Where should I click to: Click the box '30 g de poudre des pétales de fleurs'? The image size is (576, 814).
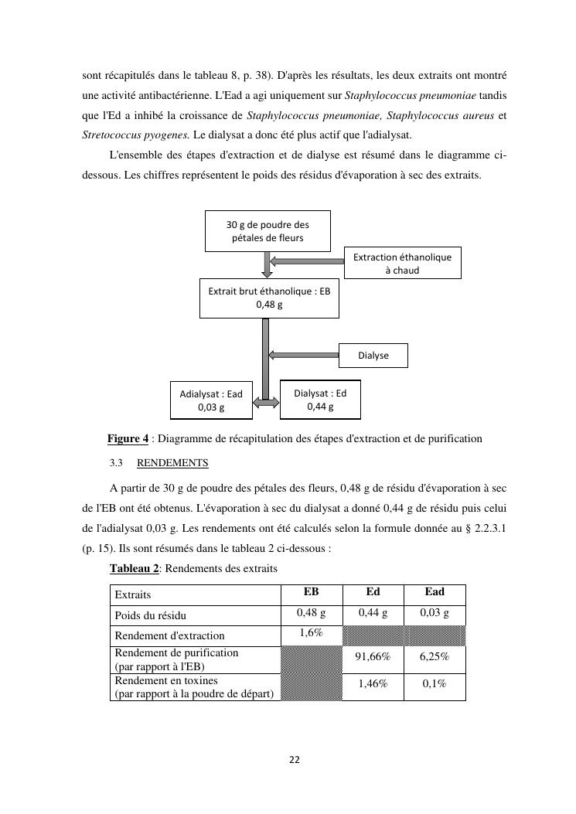click(268, 231)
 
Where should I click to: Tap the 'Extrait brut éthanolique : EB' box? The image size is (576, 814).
click(269, 298)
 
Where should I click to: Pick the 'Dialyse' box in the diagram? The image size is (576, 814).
click(373, 356)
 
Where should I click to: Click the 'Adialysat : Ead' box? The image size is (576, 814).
click(211, 400)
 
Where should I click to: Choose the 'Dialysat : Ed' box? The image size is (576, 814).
click(320, 399)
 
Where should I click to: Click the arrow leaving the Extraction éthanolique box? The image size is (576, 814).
click(307, 261)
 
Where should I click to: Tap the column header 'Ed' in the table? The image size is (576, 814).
click(373, 593)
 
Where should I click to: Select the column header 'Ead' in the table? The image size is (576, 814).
click(435, 593)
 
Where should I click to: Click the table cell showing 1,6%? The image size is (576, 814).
click(311, 634)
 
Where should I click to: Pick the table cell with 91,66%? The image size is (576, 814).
click(373, 656)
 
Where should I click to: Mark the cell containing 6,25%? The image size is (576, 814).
click(435, 656)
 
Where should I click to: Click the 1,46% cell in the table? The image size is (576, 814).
click(373, 684)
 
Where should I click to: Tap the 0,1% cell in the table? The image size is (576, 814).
click(435, 684)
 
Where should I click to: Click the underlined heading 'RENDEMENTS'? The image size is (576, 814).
click(172, 464)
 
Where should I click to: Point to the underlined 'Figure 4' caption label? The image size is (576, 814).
click(128, 439)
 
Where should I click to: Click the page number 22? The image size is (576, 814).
click(294, 760)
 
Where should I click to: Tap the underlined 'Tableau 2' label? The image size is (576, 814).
click(135, 569)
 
